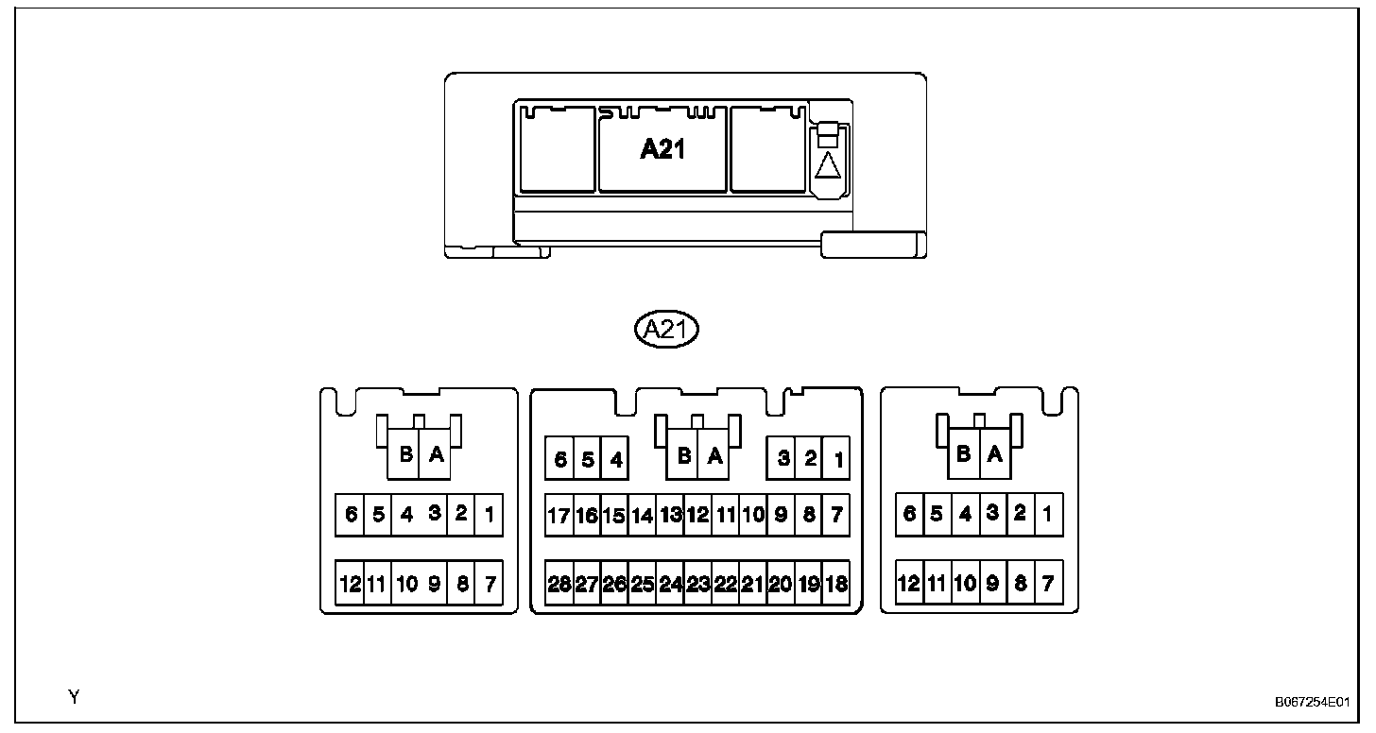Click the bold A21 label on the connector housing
(x=662, y=149)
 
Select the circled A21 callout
(x=665, y=330)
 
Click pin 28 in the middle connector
(x=559, y=585)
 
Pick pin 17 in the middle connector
(x=559, y=516)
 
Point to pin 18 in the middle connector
(x=835, y=585)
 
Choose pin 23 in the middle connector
(x=697, y=585)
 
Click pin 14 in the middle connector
(x=642, y=516)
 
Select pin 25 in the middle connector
(x=642, y=585)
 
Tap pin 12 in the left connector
(x=350, y=585)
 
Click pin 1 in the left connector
(x=489, y=515)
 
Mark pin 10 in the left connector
(x=406, y=585)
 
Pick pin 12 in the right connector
(x=908, y=584)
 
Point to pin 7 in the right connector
(x=1048, y=584)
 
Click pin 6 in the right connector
(x=909, y=514)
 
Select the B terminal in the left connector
(x=405, y=455)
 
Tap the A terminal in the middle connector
(x=715, y=456)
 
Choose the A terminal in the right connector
(x=993, y=454)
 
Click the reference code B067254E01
(x=1311, y=703)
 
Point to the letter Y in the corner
(x=74, y=698)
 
